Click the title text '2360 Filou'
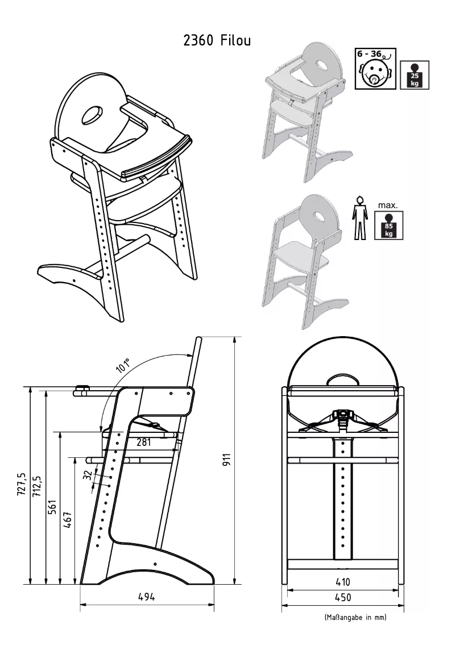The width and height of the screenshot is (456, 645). click(x=217, y=41)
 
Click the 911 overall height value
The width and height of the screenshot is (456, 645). click(x=226, y=461)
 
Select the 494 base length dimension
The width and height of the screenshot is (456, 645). click(x=147, y=597)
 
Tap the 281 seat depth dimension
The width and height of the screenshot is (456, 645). click(x=143, y=442)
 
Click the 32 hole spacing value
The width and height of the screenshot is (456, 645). click(x=87, y=474)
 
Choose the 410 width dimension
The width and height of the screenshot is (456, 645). click(x=343, y=582)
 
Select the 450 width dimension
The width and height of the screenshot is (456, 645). click(x=343, y=597)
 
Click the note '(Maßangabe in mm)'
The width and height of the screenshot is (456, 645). click(x=355, y=618)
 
